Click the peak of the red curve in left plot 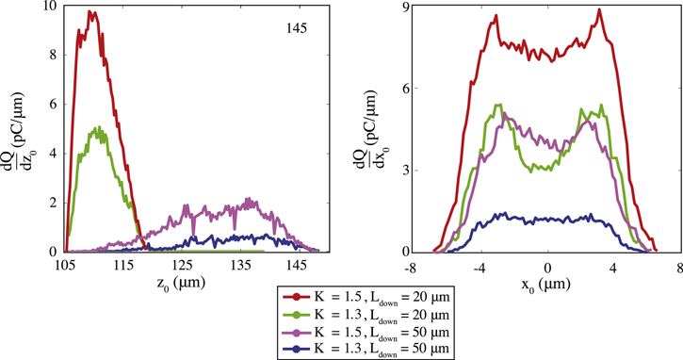pos(90,11)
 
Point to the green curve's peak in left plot pos(97,127)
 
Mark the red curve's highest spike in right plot pos(599,10)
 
